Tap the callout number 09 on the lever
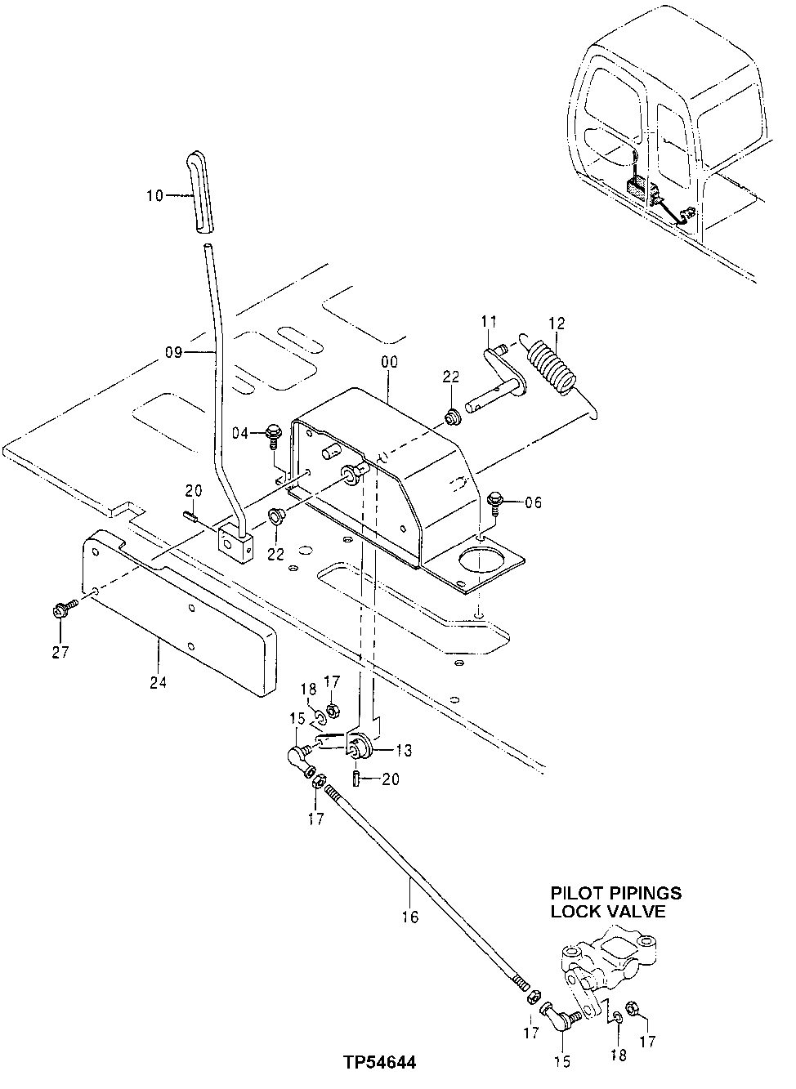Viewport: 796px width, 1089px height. click(174, 353)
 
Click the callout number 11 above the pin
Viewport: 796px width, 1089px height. click(489, 321)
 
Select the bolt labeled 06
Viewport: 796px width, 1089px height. click(496, 502)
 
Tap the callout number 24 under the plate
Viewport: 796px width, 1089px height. click(158, 680)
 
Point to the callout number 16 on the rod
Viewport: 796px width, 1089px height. click(409, 917)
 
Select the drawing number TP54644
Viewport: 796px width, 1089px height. click(380, 1063)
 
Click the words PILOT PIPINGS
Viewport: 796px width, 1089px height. click(615, 893)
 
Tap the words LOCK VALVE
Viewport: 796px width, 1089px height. click(608, 912)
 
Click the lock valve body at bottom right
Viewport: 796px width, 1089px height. click(609, 964)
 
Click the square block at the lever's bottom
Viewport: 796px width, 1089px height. click(235, 542)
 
